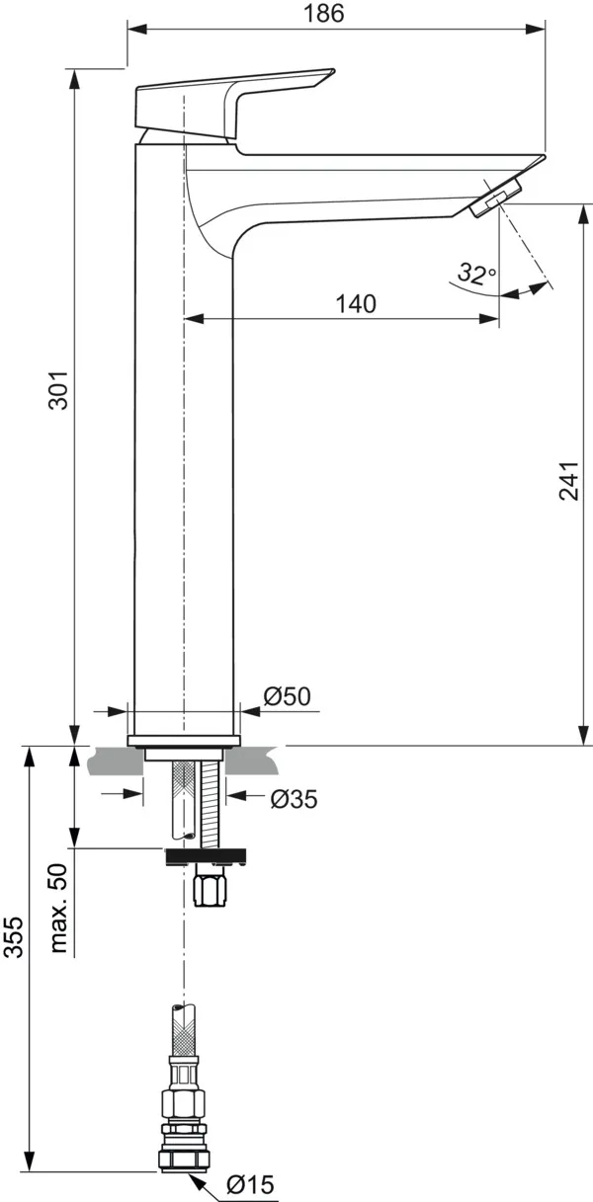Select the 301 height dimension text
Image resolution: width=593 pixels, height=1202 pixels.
[x=58, y=392]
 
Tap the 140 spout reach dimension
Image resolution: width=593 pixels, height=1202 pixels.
[x=356, y=304]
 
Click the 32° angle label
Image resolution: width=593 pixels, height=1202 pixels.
[x=476, y=274]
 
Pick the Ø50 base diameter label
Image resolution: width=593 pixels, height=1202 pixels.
[x=287, y=696]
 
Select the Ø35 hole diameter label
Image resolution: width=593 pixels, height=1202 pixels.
[x=294, y=798]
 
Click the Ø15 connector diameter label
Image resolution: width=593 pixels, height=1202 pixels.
[x=249, y=1184]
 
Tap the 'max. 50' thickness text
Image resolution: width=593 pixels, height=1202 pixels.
[x=60, y=909]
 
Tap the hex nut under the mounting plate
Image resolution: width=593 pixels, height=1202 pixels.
[x=212, y=888]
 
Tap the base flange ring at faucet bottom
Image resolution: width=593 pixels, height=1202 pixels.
[x=185, y=741]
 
